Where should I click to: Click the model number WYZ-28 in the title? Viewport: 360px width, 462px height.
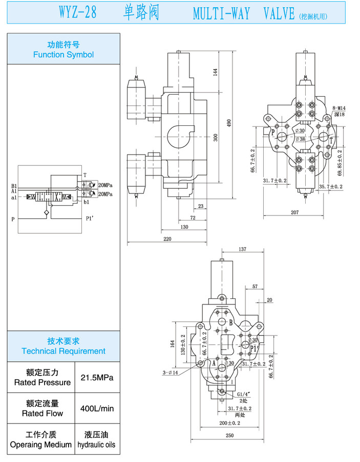click(76, 12)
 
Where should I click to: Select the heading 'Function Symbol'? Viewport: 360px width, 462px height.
click(63, 54)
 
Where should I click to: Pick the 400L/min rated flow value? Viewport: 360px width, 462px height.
click(97, 408)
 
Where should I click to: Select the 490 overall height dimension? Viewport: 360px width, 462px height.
click(229, 123)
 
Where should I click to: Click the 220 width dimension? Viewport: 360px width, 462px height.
click(167, 239)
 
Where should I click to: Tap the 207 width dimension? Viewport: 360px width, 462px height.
click(294, 211)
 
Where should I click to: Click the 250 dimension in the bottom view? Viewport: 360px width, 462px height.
click(229, 435)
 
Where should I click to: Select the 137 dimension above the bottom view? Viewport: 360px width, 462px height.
click(243, 249)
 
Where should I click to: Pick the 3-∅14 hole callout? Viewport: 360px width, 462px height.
click(170, 372)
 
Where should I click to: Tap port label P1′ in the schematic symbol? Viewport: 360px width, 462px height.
click(90, 219)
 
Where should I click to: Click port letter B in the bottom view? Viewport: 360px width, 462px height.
click(231, 322)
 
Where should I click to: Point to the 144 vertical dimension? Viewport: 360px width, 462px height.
click(216, 72)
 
